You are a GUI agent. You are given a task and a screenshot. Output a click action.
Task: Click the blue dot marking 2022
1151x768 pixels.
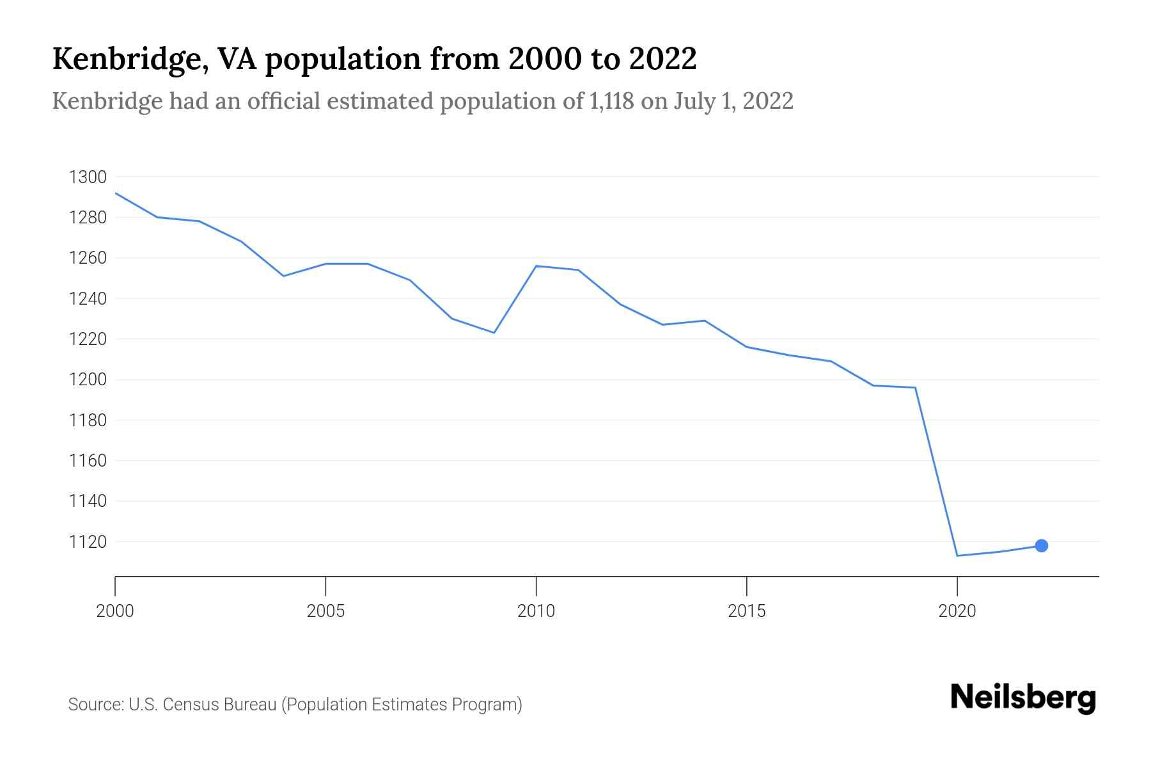[1041, 545]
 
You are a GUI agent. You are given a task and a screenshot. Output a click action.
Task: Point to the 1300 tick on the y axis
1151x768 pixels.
[87, 177]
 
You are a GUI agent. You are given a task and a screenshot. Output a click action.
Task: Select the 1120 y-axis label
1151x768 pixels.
[87, 542]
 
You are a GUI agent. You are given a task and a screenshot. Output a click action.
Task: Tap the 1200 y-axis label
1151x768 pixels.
[87, 380]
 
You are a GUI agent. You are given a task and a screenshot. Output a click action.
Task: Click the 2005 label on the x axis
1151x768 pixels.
[325, 611]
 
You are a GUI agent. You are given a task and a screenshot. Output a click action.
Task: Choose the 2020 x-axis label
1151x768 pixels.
[957, 611]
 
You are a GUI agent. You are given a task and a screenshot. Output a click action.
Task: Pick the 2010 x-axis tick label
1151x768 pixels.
[536, 611]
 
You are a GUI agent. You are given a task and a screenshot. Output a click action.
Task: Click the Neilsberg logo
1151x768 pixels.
[1022, 698]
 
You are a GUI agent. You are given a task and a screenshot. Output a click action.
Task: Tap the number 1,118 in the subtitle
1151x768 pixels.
[608, 101]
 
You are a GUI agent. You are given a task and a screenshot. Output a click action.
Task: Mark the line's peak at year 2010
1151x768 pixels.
[536, 266]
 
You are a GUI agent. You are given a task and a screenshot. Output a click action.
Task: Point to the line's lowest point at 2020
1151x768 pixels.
[957, 556]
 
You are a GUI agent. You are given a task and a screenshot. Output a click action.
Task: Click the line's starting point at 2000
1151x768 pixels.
[116, 193]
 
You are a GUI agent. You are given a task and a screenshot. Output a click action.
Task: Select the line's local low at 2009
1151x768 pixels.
[494, 333]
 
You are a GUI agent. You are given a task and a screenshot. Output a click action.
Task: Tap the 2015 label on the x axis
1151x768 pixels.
[746, 611]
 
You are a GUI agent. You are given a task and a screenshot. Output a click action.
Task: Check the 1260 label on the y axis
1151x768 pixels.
[87, 259]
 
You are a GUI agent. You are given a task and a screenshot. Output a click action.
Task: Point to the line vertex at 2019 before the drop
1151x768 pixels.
[915, 387]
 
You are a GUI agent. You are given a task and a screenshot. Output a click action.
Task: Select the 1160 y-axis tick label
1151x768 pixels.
[87, 461]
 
